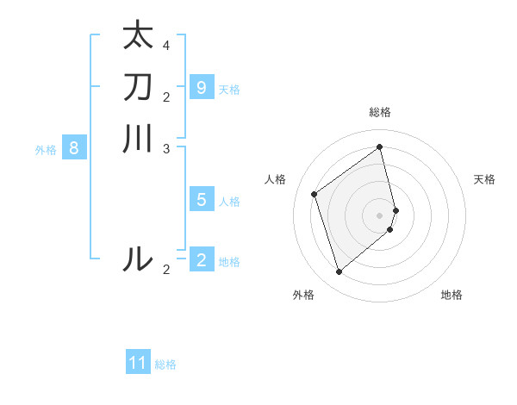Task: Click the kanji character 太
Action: pyautogui.click(x=138, y=36)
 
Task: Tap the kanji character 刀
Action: pyautogui.click(x=138, y=87)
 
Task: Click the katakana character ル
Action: pyautogui.click(x=138, y=259)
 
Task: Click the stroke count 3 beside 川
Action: pyautogui.click(x=166, y=148)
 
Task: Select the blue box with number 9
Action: pyautogui.click(x=201, y=88)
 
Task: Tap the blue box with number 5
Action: pyautogui.click(x=201, y=200)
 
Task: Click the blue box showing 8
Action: pyautogui.click(x=74, y=148)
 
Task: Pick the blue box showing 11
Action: pyautogui.click(x=138, y=363)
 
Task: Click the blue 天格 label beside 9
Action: pyautogui.click(x=229, y=90)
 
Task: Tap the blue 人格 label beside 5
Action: pyautogui.click(x=229, y=202)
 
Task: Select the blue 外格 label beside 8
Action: pyautogui.click(x=46, y=150)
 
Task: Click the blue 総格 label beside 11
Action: pyautogui.click(x=165, y=364)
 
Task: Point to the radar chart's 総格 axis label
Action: pyautogui.click(x=380, y=112)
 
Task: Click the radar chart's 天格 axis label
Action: pyautogui.click(x=484, y=179)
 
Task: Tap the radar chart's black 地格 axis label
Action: pyautogui.click(x=452, y=295)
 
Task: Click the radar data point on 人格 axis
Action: pyautogui.click(x=315, y=194)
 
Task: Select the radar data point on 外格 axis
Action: pyautogui.click(x=339, y=272)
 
